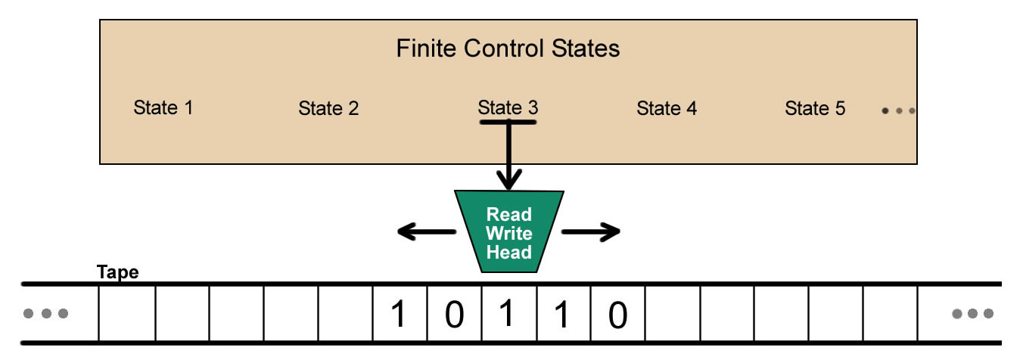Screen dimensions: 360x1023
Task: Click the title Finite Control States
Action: pos(508,49)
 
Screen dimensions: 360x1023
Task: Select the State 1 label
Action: pos(163,107)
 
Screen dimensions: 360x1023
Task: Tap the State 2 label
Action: pos(328,108)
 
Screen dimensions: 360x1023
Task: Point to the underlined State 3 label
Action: pos(508,108)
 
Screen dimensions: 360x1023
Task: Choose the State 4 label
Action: pos(667,108)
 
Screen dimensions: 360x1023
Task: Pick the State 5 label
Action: pos(815,108)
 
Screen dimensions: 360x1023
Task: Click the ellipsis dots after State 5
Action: pos(898,110)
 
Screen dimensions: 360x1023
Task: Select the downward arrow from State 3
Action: pos(508,159)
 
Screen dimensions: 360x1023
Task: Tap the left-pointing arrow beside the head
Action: pos(426,232)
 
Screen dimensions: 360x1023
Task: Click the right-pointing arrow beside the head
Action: pos(590,232)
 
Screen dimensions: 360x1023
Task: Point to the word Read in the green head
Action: pos(508,215)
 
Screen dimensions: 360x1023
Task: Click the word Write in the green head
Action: pos(508,234)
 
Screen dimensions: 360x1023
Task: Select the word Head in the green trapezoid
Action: pos(508,253)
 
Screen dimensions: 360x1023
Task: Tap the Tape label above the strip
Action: pos(118,272)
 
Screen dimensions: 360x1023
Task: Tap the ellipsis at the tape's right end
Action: pos(973,313)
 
